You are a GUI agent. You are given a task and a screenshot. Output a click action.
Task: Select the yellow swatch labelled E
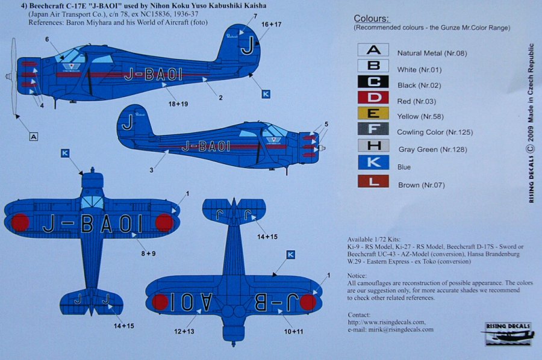pyautogui.click(x=373, y=114)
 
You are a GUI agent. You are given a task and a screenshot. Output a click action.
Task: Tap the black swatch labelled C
pyautogui.click(x=373, y=82)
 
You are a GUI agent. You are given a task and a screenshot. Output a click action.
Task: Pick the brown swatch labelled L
pyautogui.click(x=373, y=181)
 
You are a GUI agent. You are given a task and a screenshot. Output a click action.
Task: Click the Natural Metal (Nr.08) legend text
pyautogui.click(x=432, y=54)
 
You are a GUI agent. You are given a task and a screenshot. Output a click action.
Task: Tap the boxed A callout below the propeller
pyautogui.click(x=34, y=137)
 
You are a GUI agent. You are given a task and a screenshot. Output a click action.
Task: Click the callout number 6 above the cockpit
pyautogui.click(x=46, y=39)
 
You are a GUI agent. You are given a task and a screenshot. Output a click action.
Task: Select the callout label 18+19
pyautogui.click(x=178, y=104)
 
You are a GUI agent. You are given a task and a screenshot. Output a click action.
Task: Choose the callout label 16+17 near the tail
pyautogui.click(x=271, y=25)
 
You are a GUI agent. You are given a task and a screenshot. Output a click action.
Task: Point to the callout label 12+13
pyautogui.click(x=183, y=331)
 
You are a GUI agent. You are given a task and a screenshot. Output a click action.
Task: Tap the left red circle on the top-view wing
pyautogui.click(x=20, y=222)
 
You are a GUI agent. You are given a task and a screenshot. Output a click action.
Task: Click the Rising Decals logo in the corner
pyautogui.click(x=509, y=335)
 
